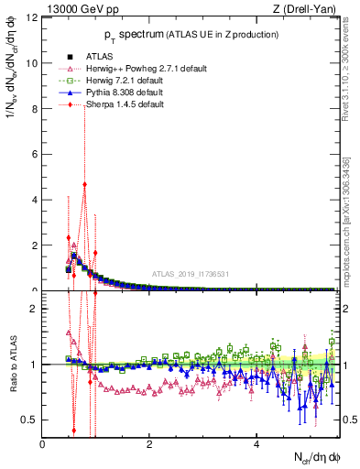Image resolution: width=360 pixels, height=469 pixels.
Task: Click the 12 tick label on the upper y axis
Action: click(x=32, y=18)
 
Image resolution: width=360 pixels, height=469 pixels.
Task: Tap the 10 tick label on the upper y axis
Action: click(x=32, y=63)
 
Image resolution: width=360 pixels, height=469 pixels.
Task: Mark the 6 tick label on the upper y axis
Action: click(x=35, y=154)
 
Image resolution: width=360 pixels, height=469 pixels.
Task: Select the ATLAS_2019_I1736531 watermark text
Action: click(x=190, y=273)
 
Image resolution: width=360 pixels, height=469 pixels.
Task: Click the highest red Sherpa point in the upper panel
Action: click(x=84, y=183)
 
